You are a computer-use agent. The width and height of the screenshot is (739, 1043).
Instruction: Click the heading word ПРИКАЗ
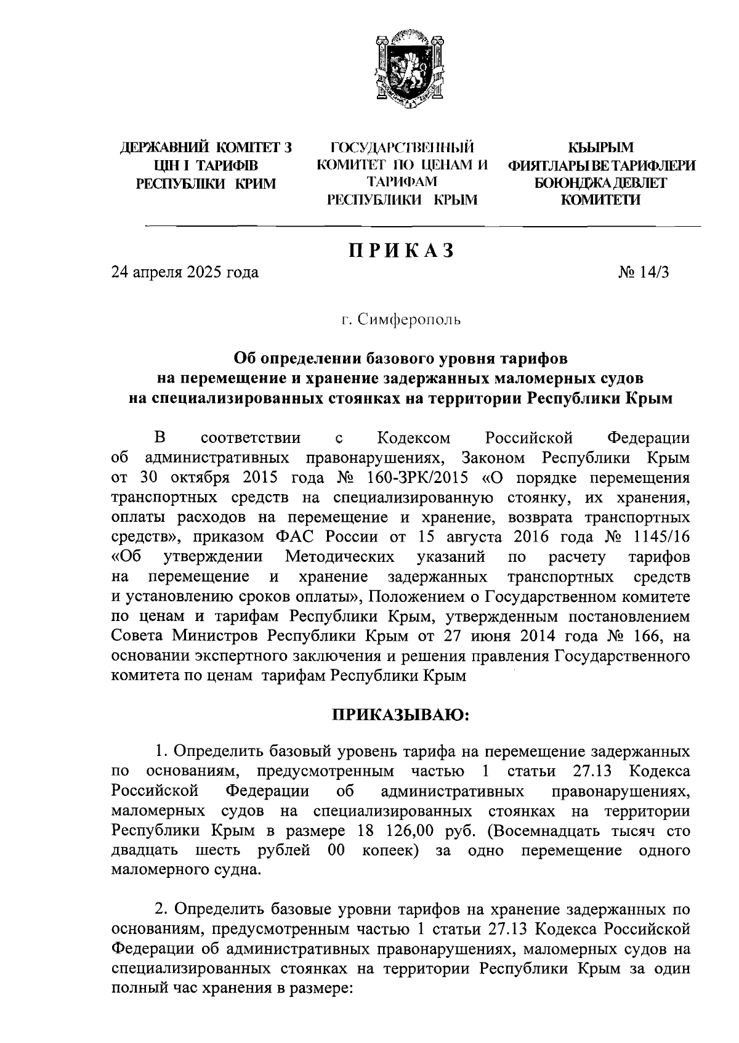(x=402, y=251)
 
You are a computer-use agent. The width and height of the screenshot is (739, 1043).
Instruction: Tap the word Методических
(x=340, y=557)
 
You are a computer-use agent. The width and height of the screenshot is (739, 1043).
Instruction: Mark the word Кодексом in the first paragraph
(x=412, y=438)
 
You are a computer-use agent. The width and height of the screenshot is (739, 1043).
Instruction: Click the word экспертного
(x=223, y=655)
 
